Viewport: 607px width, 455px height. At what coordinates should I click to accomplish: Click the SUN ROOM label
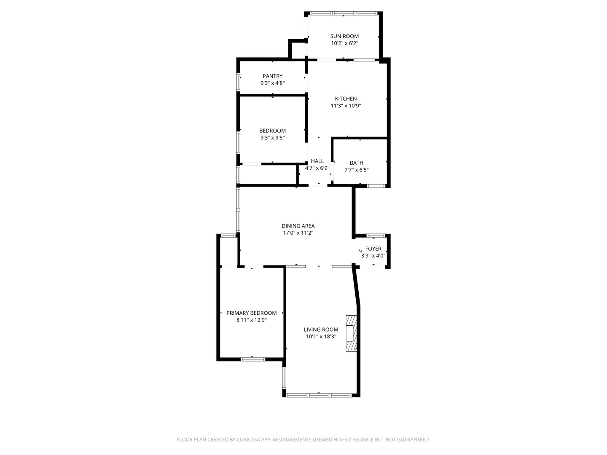coord(344,36)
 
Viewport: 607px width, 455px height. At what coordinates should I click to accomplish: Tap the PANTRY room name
coord(272,76)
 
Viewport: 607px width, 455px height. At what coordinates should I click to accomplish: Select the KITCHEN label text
coord(346,99)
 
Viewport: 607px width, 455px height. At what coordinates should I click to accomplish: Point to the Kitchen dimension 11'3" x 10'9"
coord(346,106)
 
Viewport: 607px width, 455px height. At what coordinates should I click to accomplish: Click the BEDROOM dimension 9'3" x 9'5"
coord(272,137)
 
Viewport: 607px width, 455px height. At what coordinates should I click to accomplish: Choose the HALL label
coord(317,161)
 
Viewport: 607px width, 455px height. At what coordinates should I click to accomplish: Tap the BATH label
coord(356,163)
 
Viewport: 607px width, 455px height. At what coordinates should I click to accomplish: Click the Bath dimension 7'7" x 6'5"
coord(356,170)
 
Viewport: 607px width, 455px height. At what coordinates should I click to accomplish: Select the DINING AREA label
coord(298,226)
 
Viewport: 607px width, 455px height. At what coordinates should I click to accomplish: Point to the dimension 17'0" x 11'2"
coord(298,233)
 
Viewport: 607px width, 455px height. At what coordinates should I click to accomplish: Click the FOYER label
coord(373,249)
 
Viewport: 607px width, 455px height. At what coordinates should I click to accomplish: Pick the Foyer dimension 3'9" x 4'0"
coord(373,256)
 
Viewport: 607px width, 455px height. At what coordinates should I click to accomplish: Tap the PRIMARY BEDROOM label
coord(251,313)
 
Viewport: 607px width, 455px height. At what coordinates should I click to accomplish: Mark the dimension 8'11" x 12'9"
coord(251,320)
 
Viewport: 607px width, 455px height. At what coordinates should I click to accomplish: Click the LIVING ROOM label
coord(321,330)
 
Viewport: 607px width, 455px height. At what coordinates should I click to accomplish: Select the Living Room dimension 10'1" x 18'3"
coord(321,337)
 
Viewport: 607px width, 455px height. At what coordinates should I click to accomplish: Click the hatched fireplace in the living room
coord(351,333)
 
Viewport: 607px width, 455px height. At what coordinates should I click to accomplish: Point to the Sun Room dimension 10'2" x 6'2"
coord(344,43)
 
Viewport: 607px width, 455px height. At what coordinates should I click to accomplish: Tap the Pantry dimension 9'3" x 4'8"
coord(272,83)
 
